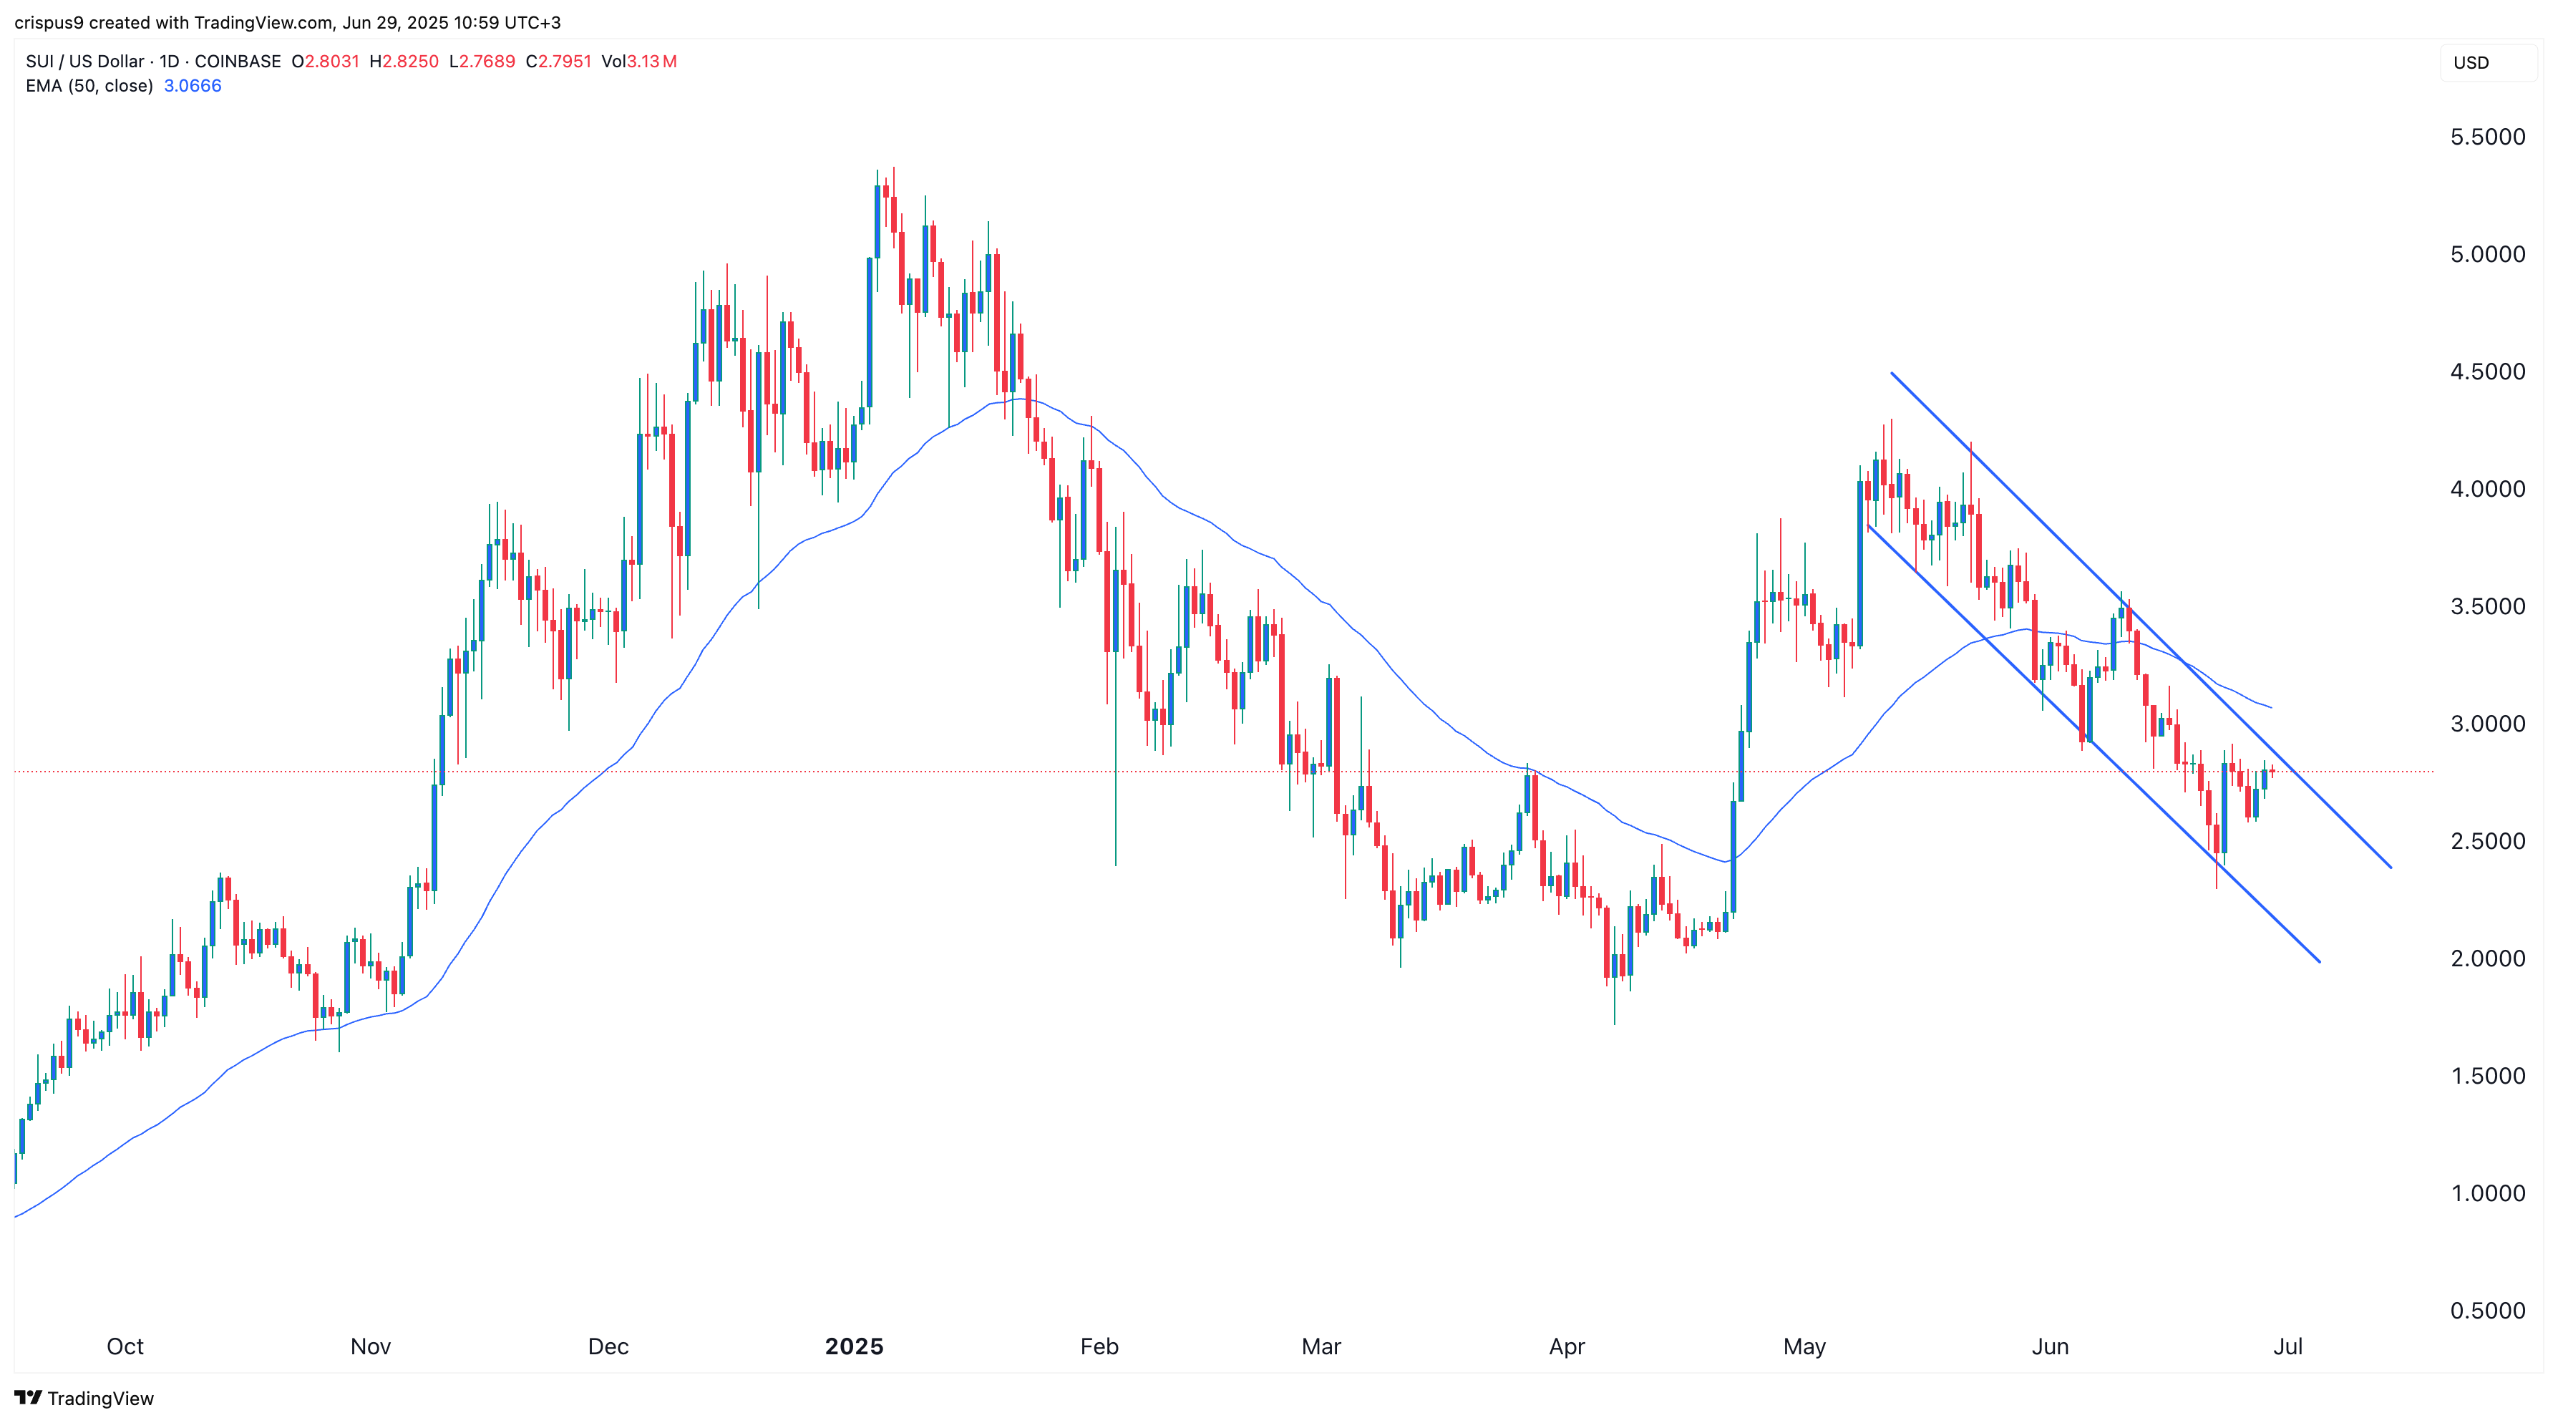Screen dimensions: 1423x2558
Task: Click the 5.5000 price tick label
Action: click(2486, 137)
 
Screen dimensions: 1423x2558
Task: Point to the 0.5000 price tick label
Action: click(2486, 1311)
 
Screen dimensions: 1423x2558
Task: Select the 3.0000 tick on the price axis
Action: click(2486, 724)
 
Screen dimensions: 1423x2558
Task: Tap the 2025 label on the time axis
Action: click(854, 1346)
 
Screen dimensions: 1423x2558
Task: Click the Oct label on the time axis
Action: click(125, 1346)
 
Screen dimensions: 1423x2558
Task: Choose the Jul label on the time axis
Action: click(2288, 1346)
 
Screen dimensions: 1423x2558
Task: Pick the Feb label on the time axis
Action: click(1099, 1346)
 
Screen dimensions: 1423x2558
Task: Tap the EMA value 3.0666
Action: click(193, 87)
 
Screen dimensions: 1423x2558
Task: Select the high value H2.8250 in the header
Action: click(404, 62)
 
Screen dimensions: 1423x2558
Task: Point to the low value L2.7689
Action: click(482, 62)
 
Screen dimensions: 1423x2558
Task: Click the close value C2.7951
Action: click(559, 62)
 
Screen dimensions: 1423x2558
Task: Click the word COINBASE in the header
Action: click(238, 62)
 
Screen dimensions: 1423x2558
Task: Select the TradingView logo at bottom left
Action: click(84, 1398)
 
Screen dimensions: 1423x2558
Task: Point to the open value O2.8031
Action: click(326, 62)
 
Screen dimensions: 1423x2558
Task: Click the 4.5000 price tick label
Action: click(2486, 371)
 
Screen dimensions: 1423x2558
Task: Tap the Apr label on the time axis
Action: click(1567, 1346)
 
